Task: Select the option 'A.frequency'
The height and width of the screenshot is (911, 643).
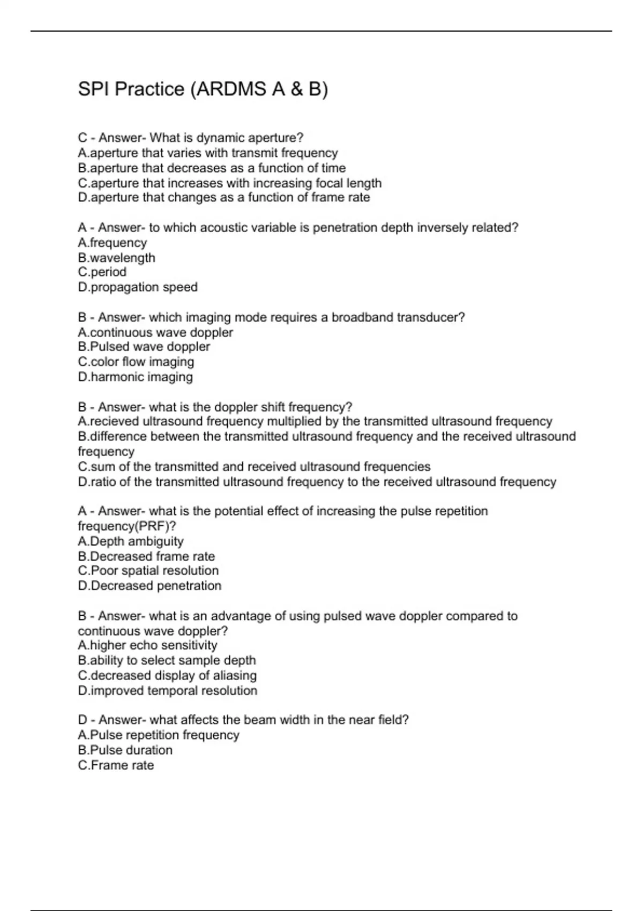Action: [112, 243]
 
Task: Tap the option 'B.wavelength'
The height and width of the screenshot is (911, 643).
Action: [116, 258]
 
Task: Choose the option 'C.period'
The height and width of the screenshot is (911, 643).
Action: [102, 272]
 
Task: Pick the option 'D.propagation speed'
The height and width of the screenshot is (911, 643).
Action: [137, 287]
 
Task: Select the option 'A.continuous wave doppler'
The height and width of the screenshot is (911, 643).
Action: [155, 332]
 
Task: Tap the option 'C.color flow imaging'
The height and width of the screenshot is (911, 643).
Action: [136, 362]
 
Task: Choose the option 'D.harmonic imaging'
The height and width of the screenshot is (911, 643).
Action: [135, 377]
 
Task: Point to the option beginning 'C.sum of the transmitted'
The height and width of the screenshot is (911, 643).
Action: [254, 467]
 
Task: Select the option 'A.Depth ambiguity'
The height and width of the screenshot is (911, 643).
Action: [130, 541]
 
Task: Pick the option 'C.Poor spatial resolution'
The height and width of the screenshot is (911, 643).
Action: [148, 571]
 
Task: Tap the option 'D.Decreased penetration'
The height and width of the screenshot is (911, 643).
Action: [149, 586]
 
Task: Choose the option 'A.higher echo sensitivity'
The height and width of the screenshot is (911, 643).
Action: [147, 645]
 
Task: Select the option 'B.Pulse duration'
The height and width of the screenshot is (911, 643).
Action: [125, 750]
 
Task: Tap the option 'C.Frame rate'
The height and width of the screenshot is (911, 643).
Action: [116, 765]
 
